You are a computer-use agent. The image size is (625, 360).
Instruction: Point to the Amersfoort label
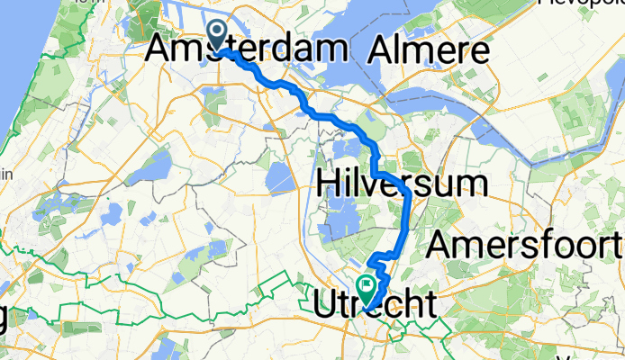pyautogui.click(x=526, y=243)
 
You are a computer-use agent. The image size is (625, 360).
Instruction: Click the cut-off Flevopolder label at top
pyautogui.click(x=581, y=3)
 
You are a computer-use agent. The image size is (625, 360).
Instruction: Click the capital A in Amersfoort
pyautogui.click(x=439, y=243)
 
